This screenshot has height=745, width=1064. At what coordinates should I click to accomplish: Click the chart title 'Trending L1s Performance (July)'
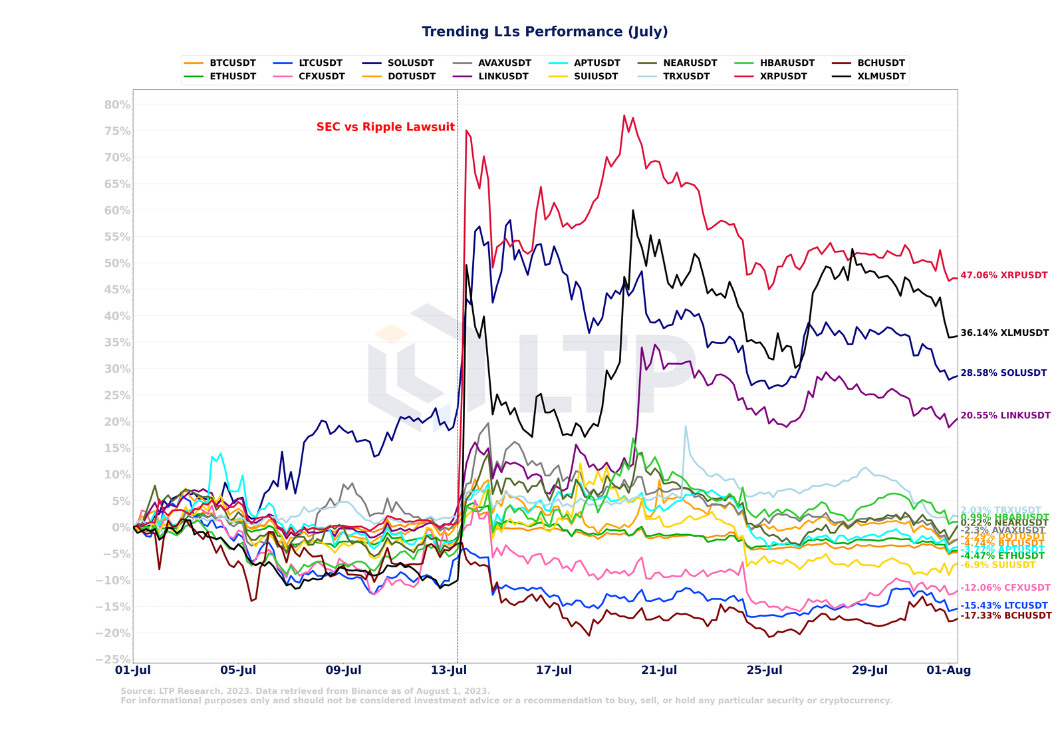click(x=545, y=32)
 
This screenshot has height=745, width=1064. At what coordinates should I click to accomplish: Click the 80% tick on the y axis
click(x=117, y=105)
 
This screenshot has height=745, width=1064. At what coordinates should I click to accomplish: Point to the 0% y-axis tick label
click(x=121, y=527)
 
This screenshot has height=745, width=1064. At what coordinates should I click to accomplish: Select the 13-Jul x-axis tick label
click(x=449, y=670)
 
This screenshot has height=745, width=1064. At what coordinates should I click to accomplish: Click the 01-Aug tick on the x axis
click(x=949, y=670)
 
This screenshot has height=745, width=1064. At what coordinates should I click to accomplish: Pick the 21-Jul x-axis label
click(x=659, y=670)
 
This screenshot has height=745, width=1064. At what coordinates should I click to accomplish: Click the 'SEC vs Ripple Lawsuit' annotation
click(x=386, y=127)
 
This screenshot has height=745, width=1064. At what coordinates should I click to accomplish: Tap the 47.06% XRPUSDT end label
click(x=1003, y=275)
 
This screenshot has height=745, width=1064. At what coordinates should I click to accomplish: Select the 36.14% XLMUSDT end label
click(x=1004, y=333)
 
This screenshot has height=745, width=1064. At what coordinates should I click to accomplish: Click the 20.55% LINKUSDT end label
click(x=1005, y=416)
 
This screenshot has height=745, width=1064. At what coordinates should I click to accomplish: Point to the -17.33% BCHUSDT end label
click(x=1005, y=616)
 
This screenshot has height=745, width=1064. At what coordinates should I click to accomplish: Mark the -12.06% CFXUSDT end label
click(x=1005, y=588)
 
